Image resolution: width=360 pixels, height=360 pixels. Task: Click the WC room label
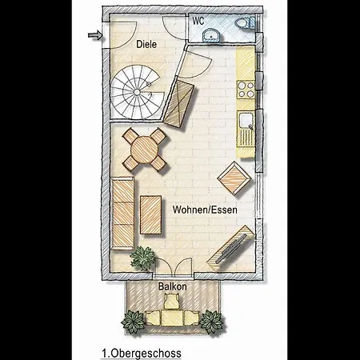(198, 21)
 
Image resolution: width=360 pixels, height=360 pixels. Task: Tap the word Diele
(146, 44)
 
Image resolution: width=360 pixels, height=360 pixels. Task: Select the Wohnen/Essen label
(205, 210)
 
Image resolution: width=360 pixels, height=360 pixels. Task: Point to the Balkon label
(172, 286)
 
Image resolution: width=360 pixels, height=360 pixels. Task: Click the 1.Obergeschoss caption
(142, 354)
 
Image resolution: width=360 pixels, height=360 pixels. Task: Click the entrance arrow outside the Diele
(95, 35)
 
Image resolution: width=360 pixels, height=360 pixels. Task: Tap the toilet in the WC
(245, 23)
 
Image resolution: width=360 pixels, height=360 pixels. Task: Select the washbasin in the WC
(211, 35)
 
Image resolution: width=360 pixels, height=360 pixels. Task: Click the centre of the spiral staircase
(137, 92)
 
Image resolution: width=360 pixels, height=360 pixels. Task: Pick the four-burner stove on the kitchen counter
(246, 90)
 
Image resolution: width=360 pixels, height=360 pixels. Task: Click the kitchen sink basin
(246, 121)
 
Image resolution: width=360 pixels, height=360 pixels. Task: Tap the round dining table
(144, 150)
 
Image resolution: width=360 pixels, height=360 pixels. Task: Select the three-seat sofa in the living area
(122, 214)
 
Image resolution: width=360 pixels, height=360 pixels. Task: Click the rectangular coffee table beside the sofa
(151, 215)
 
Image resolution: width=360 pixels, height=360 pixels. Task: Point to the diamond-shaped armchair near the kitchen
(234, 178)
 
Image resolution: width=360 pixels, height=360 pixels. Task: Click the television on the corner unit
(231, 249)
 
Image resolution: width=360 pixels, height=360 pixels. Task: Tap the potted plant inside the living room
(143, 258)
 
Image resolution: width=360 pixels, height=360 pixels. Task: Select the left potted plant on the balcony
(133, 322)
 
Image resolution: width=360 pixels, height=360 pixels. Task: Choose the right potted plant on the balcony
(211, 322)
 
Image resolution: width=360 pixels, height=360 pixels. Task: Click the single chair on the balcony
(172, 301)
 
